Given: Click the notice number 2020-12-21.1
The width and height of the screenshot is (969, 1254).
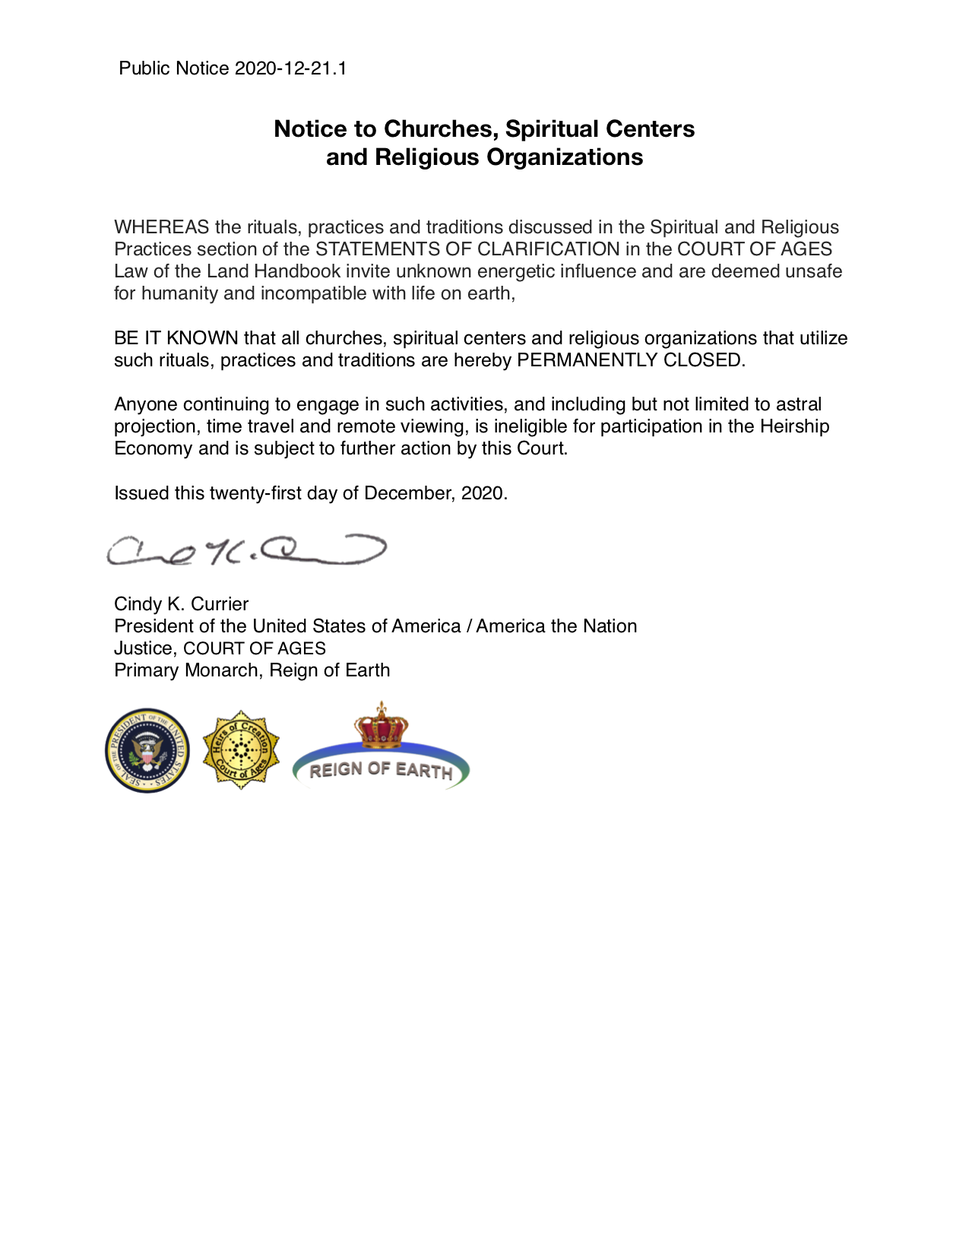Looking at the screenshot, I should pyautogui.click(x=290, y=68).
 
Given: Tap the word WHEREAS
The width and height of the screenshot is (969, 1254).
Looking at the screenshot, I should pyautogui.click(x=161, y=227).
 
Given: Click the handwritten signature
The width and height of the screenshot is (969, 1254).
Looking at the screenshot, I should pyautogui.click(x=246, y=551).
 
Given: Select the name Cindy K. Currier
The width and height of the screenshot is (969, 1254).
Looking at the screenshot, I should pyautogui.click(x=181, y=604).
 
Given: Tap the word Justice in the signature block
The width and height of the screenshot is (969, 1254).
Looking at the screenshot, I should pyautogui.click(x=144, y=648).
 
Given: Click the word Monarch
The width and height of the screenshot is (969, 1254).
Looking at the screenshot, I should pyautogui.click(x=222, y=670).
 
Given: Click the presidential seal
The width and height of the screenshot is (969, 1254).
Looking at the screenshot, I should pyautogui.click(x=147, y=751).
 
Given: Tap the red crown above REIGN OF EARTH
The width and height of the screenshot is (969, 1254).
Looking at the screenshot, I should pyautogui.click(x=381, y=724).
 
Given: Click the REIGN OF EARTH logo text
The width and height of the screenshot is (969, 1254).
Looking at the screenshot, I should pyautogui.click(x=381, y=770).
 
